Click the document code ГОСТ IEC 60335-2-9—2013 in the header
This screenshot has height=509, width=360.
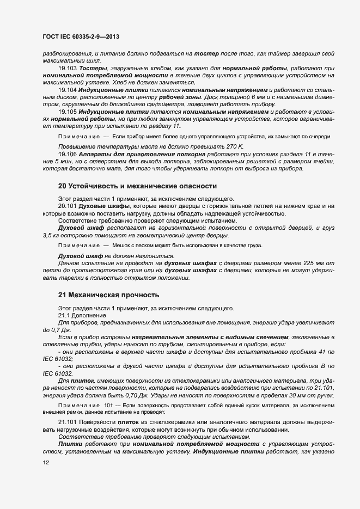81,36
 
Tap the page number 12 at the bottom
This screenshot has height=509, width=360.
46,463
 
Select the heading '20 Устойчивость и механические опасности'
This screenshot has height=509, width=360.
137,186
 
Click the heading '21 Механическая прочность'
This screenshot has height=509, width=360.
108,295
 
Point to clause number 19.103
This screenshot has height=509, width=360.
68,68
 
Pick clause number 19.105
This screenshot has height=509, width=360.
68,111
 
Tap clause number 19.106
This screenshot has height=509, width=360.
68,155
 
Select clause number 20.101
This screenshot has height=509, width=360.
68,206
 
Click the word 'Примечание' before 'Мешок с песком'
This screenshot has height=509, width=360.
78,246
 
